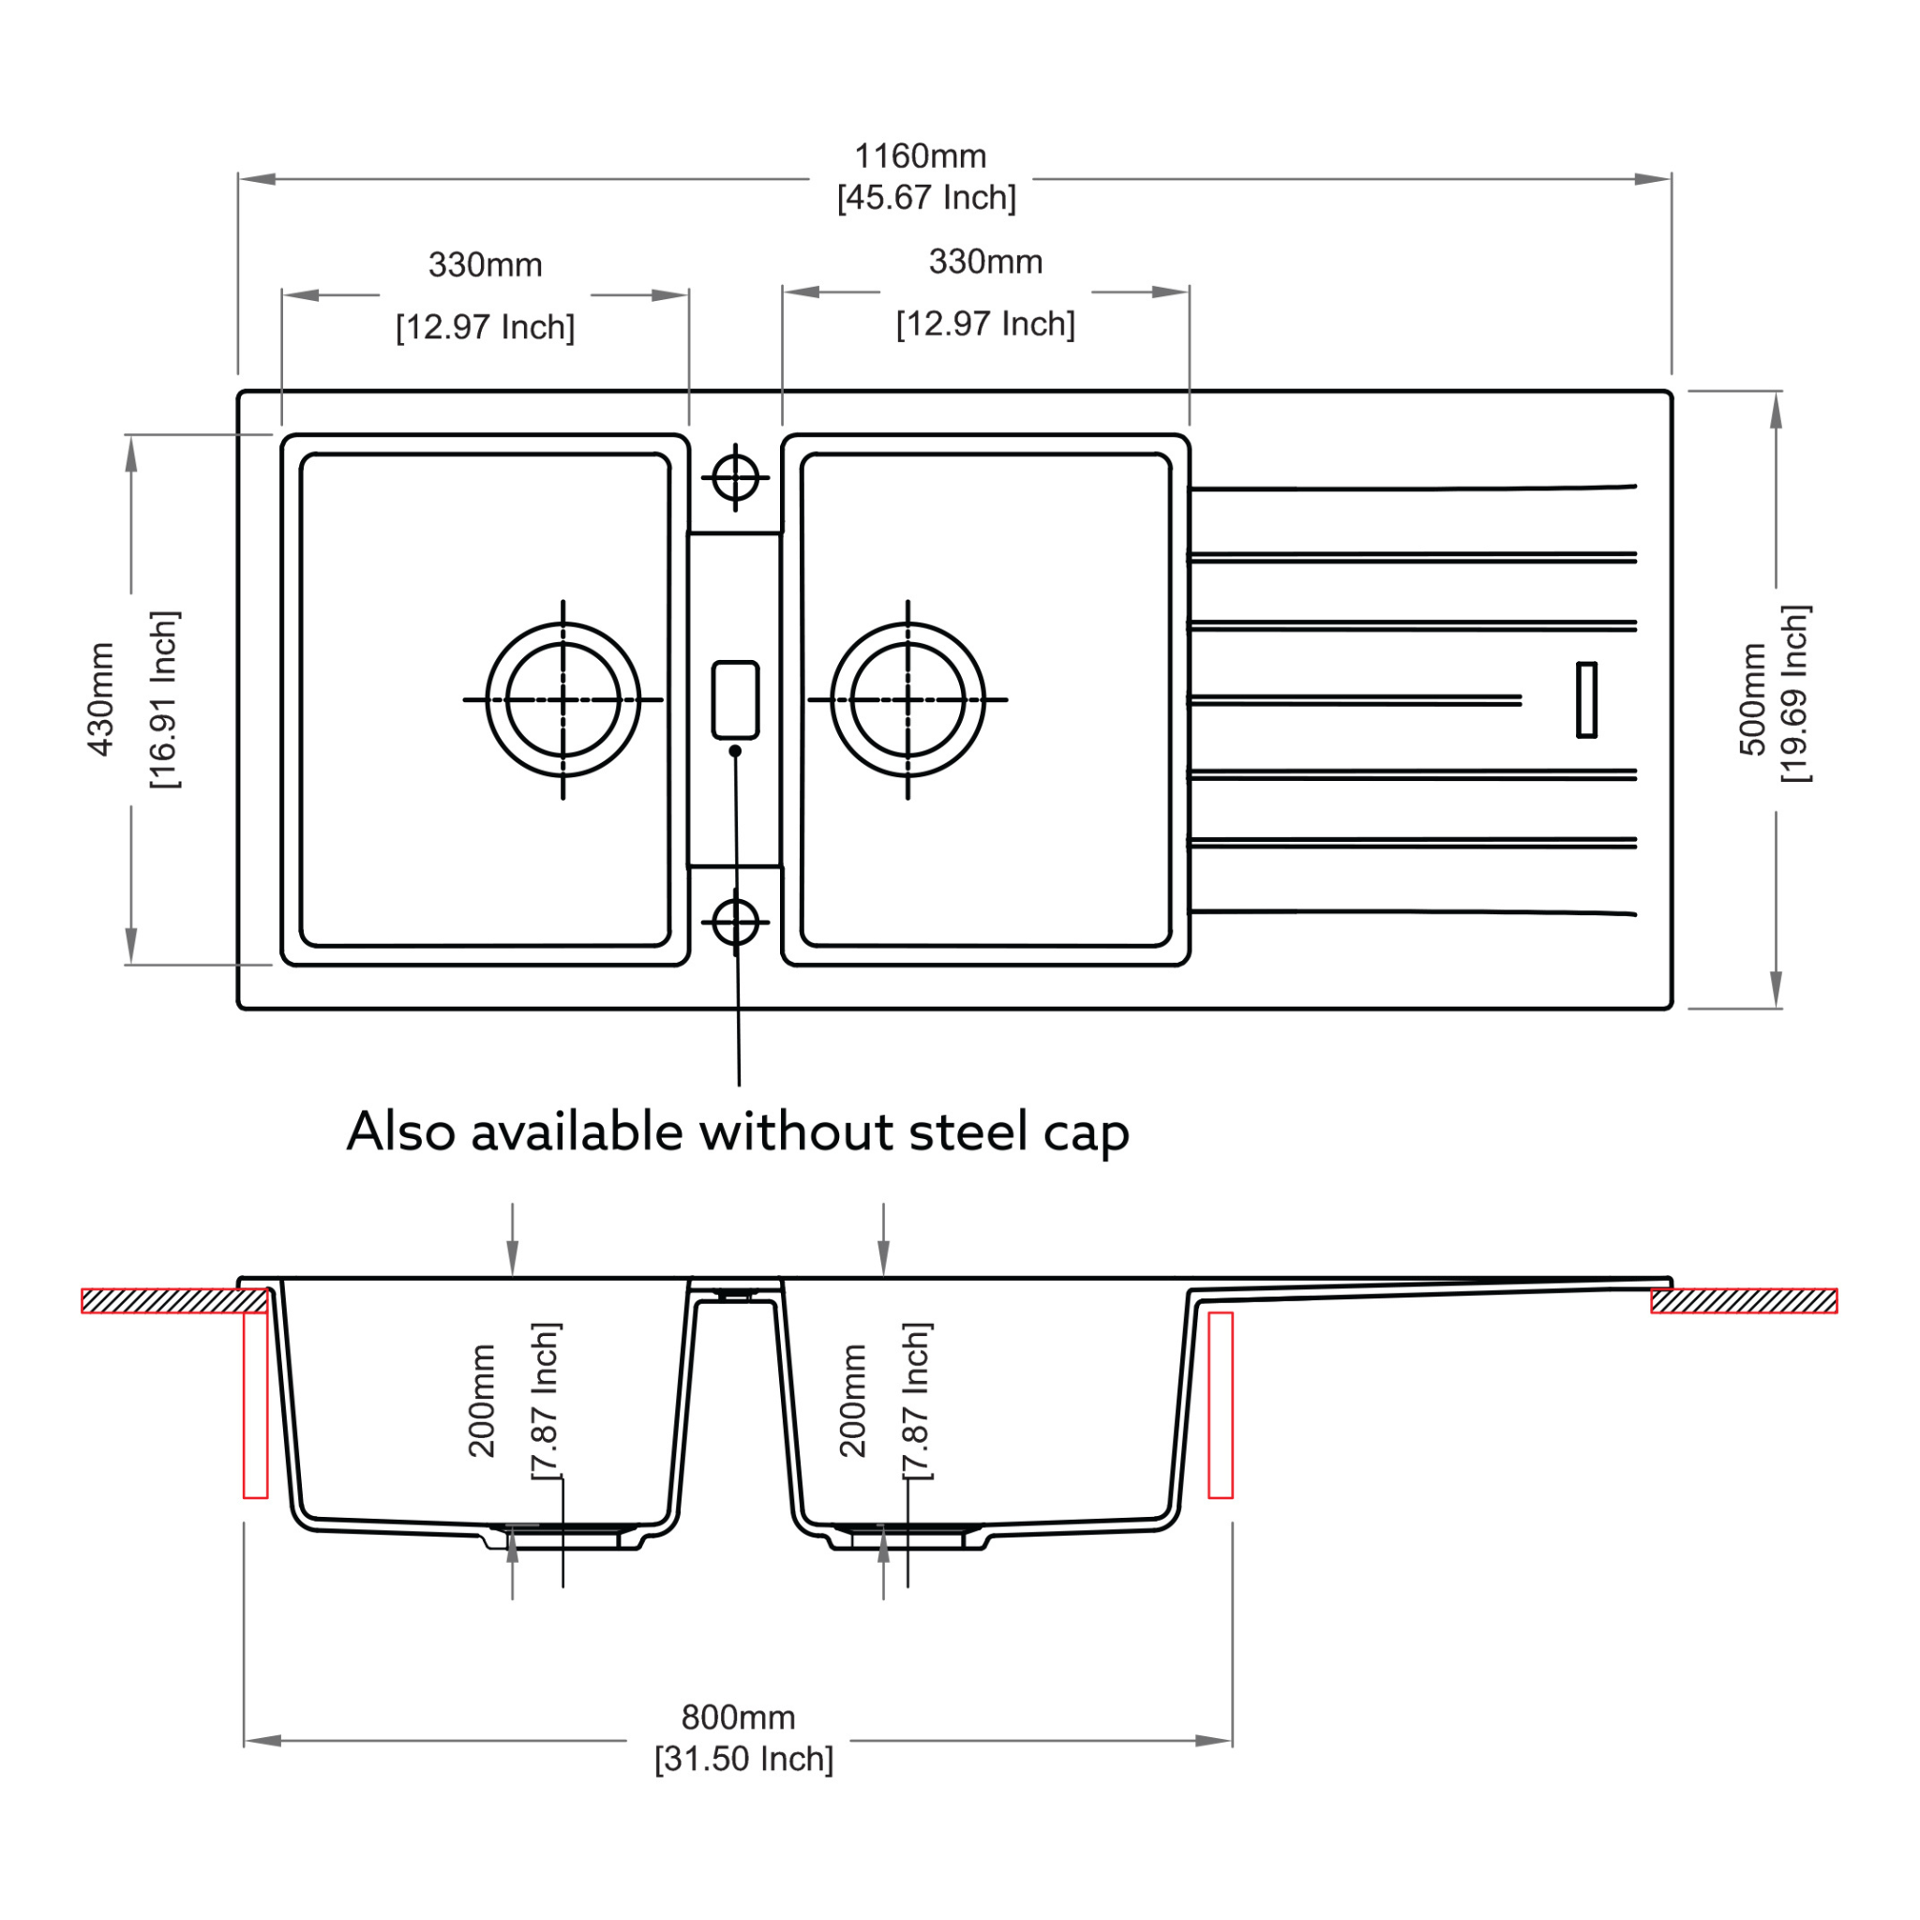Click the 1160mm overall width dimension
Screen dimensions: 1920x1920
[921, 156]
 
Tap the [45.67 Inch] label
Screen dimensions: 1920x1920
[926, 198]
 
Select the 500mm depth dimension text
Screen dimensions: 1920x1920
[1753, 699]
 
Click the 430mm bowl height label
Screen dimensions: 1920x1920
[101, 699]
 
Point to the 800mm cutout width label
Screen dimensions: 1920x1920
[739, 1717]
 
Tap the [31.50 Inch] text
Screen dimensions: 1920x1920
[743, 1758]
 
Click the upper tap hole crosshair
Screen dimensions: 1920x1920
[735, 478]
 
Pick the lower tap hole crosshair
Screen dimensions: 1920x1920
[735, 922]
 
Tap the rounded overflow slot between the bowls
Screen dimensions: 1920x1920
[735, 699]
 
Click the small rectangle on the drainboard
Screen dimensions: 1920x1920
[1587, 699]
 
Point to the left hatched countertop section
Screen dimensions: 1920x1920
[175, 1301]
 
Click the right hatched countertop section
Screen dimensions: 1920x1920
[1744, 1301]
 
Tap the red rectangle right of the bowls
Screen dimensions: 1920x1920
[1221, 1405]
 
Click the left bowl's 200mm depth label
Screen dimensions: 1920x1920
[482, 1402]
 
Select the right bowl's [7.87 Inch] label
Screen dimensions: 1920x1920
[917, 1402]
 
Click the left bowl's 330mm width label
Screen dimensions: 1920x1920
[485, 265]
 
